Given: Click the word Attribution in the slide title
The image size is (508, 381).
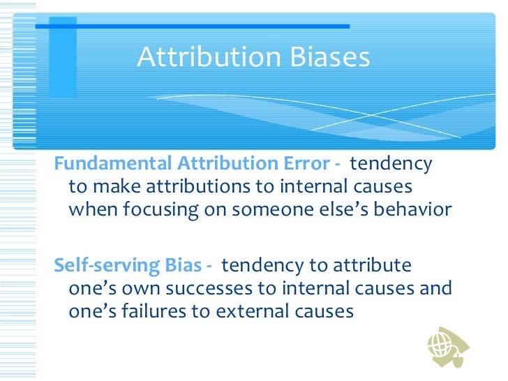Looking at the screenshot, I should [204, 58].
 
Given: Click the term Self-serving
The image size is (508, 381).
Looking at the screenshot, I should [99, 266].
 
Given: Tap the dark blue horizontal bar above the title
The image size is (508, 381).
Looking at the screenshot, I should [192, 27].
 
